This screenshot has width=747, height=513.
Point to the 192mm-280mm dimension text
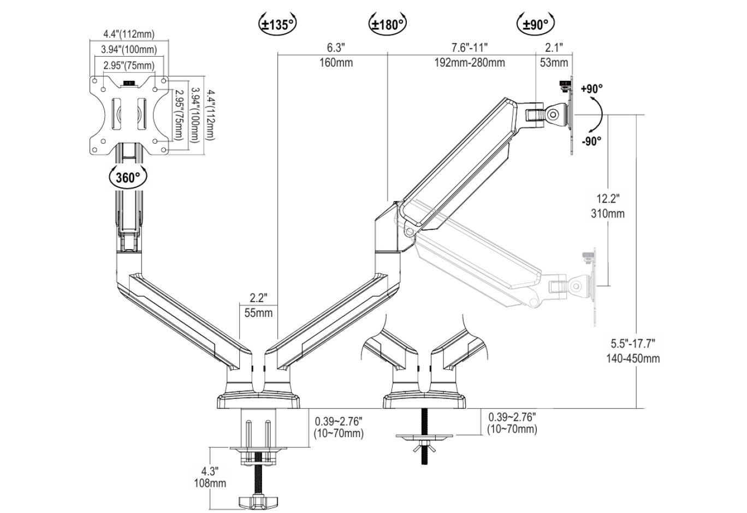point(469,62)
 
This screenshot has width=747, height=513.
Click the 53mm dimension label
point(554,62)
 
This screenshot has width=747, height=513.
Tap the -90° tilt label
point(591,141)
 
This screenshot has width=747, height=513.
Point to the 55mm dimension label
point(258,313)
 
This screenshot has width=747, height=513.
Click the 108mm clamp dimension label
point(210,483)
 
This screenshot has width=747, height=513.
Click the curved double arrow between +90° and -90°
point(598,115)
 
